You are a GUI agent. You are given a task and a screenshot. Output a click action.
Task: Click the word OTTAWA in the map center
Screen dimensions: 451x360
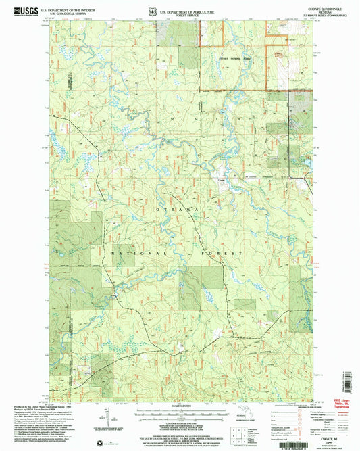178,211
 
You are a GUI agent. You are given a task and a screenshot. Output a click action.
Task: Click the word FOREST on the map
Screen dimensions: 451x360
226,252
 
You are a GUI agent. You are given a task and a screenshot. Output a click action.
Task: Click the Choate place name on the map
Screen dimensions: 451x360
221,179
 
